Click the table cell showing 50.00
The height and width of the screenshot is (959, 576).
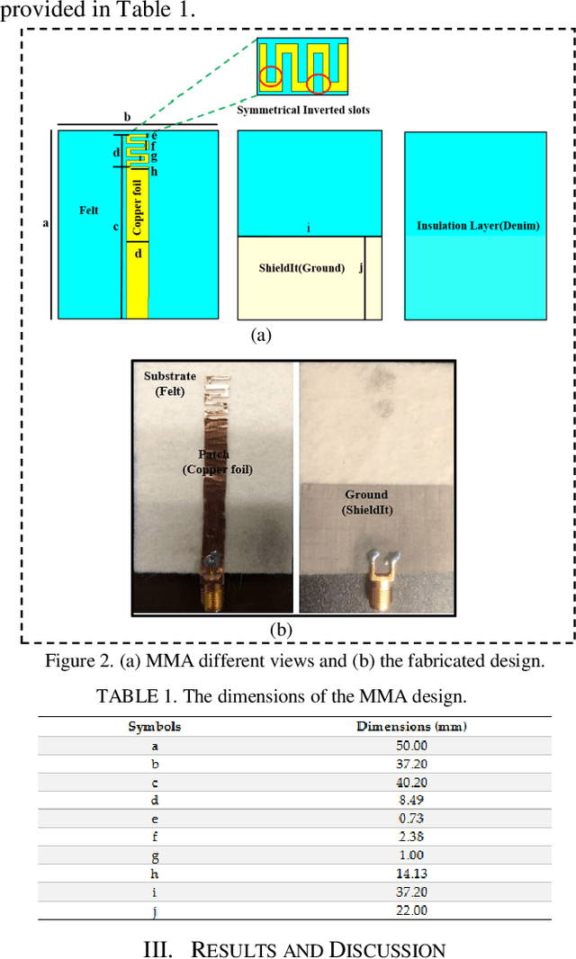(411, 745)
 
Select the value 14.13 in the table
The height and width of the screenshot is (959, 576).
(411, 873)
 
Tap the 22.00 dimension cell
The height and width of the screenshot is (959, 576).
(411, 910)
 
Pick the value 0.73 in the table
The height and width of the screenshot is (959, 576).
(411, 818)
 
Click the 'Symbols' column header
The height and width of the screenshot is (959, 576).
(154, 726)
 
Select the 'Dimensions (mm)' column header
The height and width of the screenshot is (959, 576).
(411, 726)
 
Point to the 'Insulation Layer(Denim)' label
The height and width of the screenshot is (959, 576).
(478, 226)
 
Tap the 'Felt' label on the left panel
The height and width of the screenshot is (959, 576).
(88, 211)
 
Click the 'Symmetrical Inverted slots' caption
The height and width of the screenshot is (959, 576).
(303, 110)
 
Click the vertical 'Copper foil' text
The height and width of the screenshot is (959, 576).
(137, 208)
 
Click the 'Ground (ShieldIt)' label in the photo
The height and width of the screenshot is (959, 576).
(366, 501)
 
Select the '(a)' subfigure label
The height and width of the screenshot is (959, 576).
(260, 336)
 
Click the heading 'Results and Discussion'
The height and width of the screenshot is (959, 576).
(294, 949)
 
